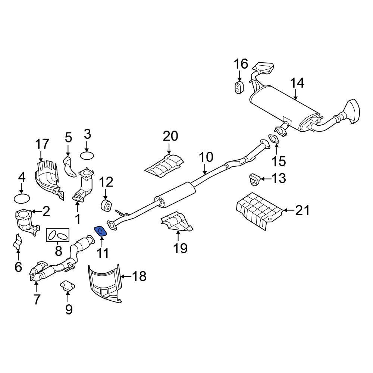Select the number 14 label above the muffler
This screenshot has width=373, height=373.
[x=297, y=83]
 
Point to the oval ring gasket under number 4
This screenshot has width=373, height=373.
[x=22, y=198]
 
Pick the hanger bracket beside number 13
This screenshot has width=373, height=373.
[x=254, y=179]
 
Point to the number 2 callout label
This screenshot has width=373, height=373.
[x=46, y=212]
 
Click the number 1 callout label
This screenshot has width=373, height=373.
[x=78, y=219]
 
